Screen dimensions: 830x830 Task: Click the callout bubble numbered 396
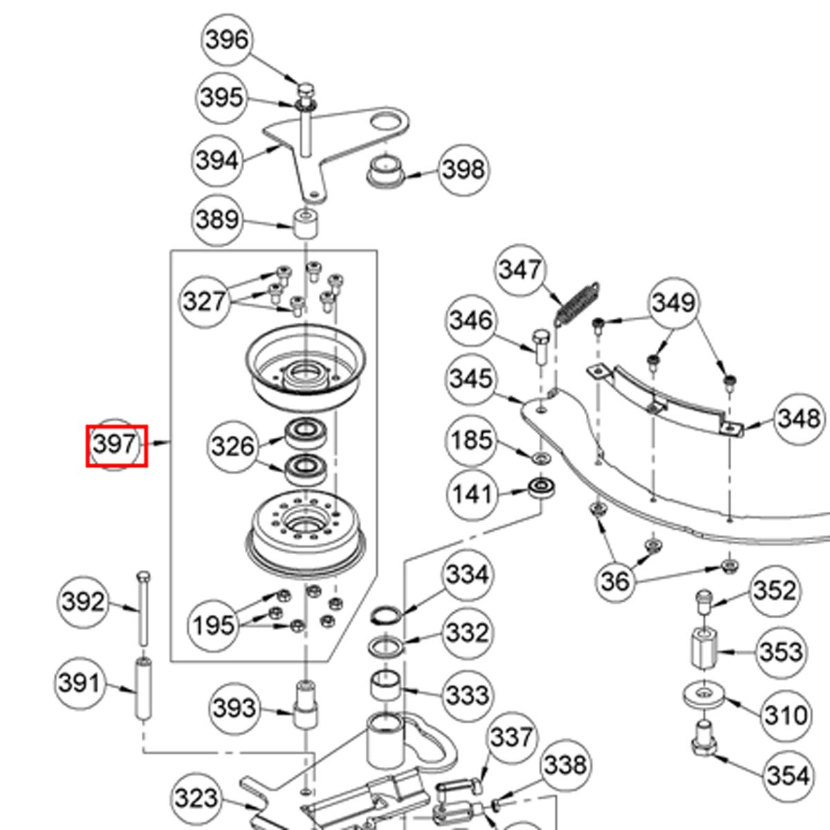[x=228, y=40]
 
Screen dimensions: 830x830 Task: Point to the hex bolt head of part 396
[x=305, y=90]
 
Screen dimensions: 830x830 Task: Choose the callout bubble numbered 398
[x=463, y=169]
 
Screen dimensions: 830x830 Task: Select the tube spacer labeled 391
[x=144, y=689]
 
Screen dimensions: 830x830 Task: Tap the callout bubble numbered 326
[x=233, y=446]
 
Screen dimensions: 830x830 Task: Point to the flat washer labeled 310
[x=704, y=694]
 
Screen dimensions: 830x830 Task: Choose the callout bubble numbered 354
[x=787, y=775]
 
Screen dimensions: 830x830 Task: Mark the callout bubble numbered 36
[x=615, y=581]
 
